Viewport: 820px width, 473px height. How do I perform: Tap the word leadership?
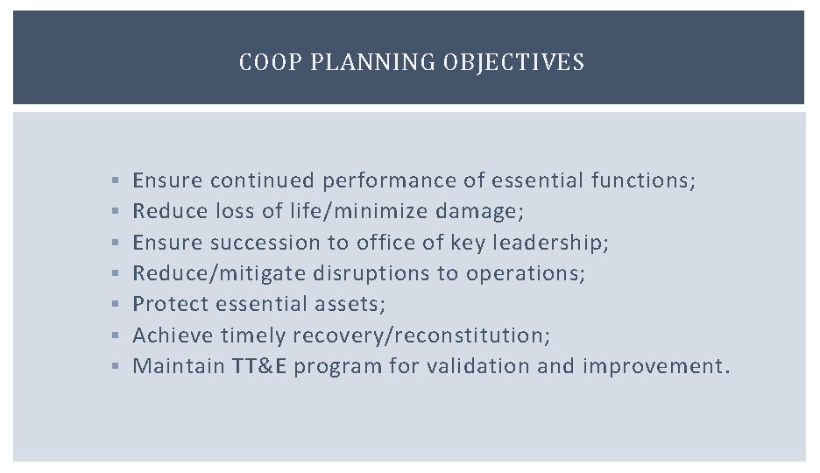pos(549,243)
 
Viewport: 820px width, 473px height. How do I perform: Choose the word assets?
pos(358,304)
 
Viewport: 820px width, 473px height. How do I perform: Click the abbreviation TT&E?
pos(259,366)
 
